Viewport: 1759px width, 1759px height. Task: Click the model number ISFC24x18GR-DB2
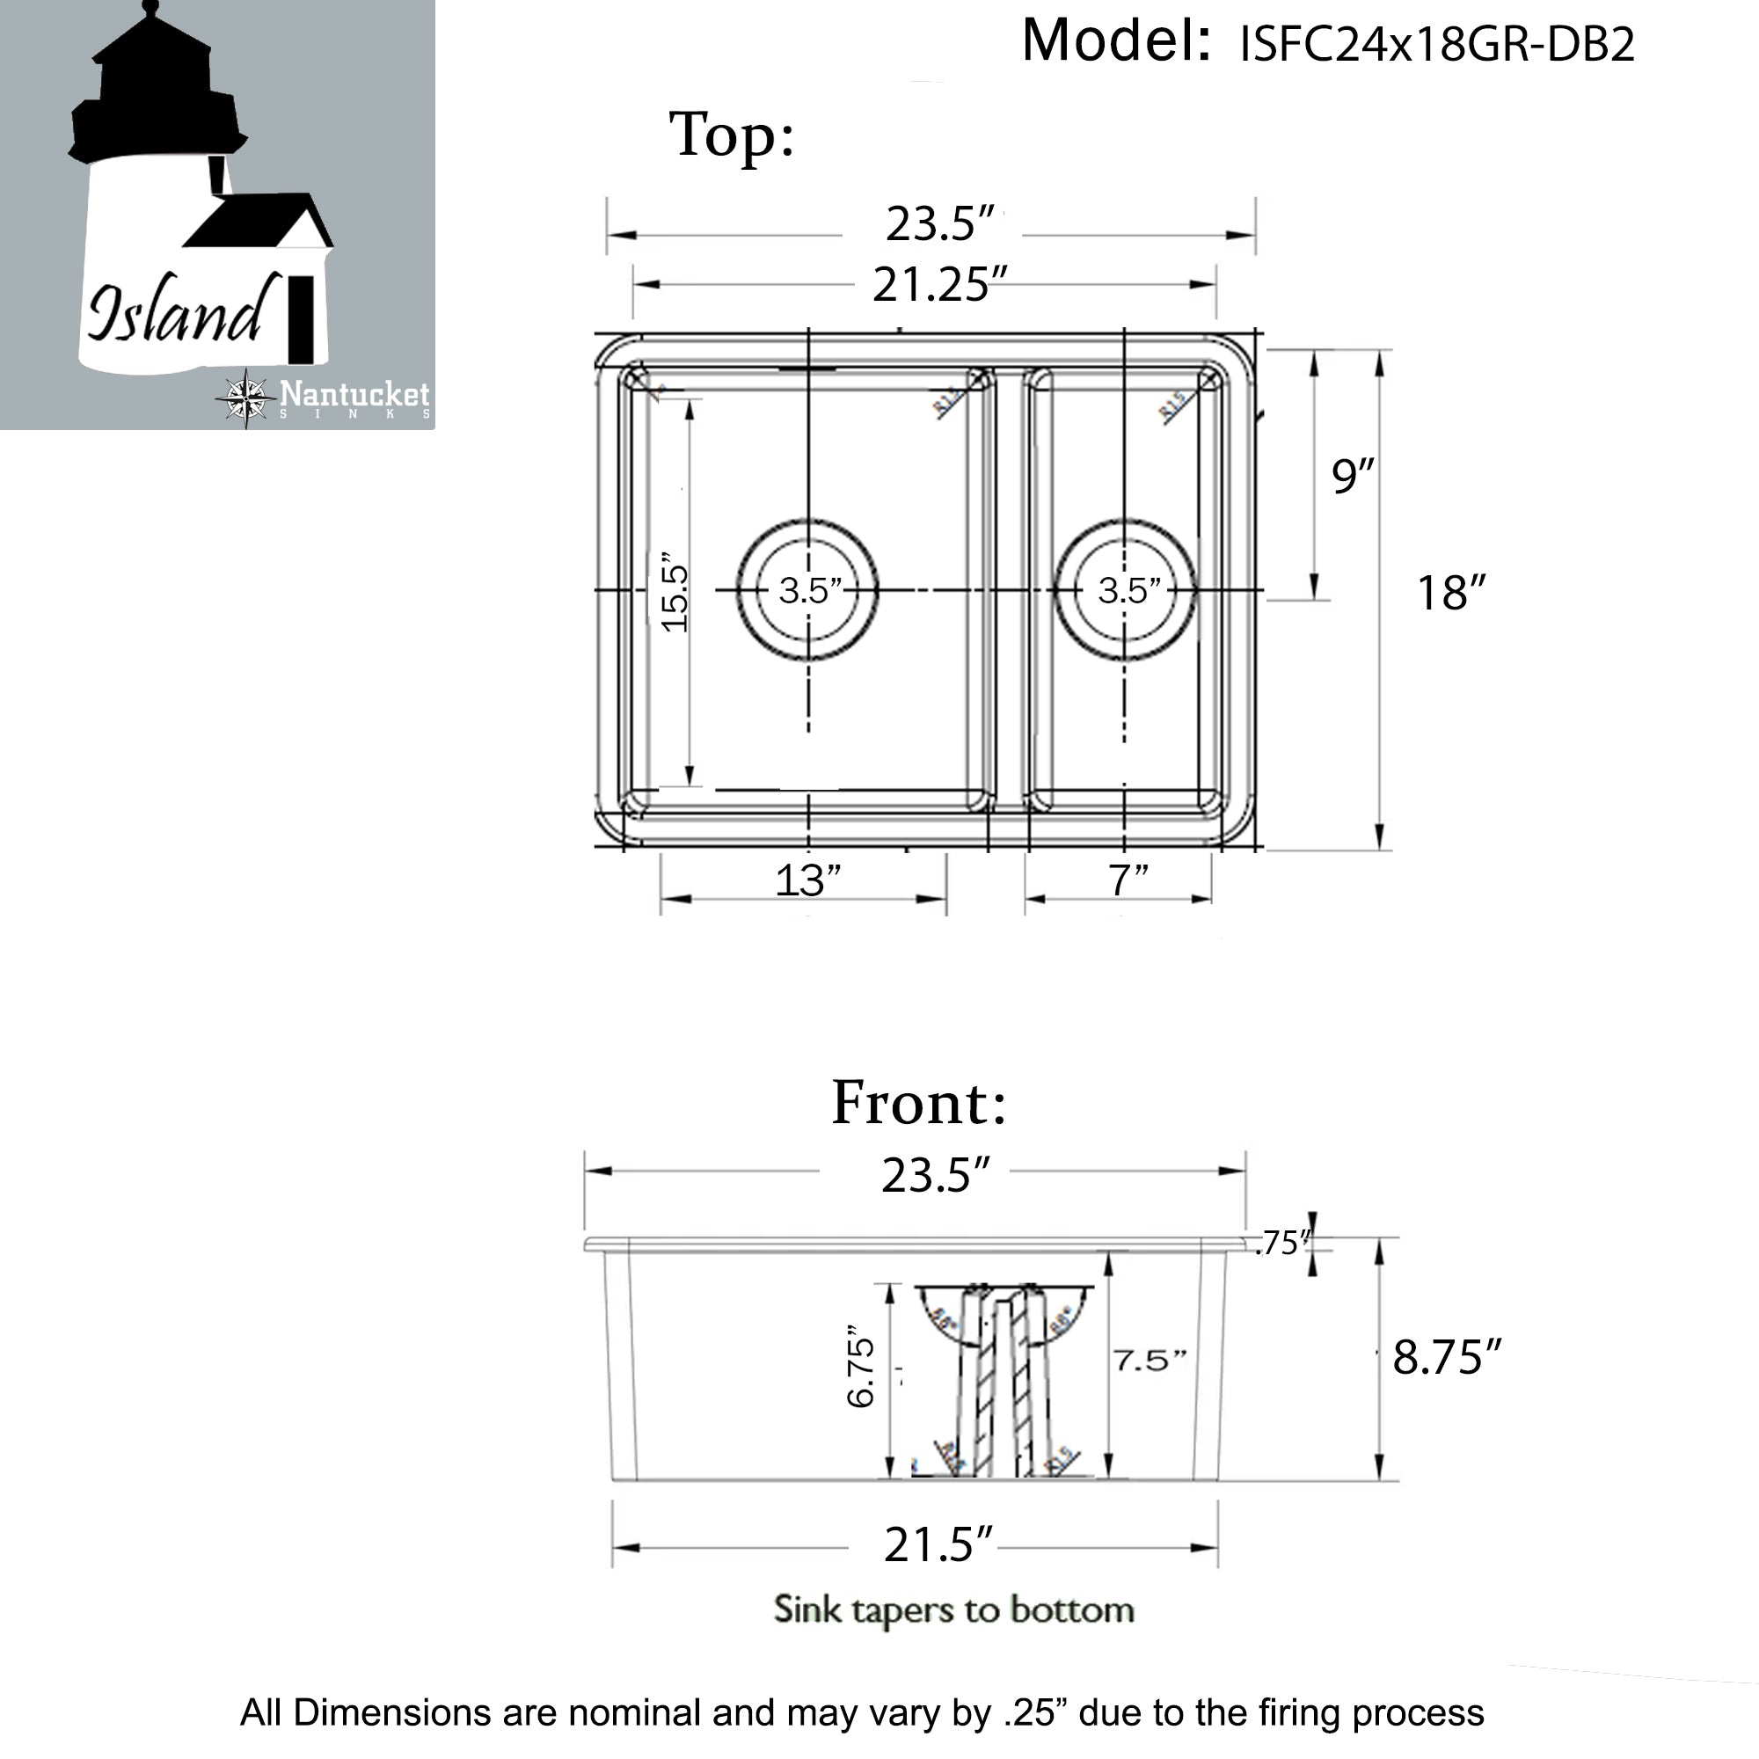pyautogui.click(x=1437, y=44)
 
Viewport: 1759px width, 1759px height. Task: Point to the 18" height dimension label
pyautogui.click(x=1450, y=593)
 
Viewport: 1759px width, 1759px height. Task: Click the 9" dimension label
pyautogui.click(x=1351, y=475)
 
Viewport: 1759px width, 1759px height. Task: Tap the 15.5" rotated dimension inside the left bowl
pyautogui.click(x=675, y=592)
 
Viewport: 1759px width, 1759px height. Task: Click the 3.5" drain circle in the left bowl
pyautogui.click(x=808, y=590)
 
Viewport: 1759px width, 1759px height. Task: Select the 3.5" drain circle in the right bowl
pyautogui.click(x=1127, y=590)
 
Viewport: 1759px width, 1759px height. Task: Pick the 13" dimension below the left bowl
pyautogui.click(x=807, y=880)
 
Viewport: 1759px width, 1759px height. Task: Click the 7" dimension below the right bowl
pyautogui.click(x=1128, y=880)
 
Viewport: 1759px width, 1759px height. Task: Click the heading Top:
pyautogui.click(x=732, y=135)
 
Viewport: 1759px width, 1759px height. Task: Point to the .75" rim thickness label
pyautogui.click(x=1282, y=1244)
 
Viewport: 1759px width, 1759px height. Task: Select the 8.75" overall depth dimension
pyautogui.click(x=1446, y=1357)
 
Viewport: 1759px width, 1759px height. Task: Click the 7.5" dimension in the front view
pyautogui.click(x=1149, y=1361)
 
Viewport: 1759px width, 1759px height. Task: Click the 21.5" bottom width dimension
pyautogui.click(x=938, y=1545)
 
